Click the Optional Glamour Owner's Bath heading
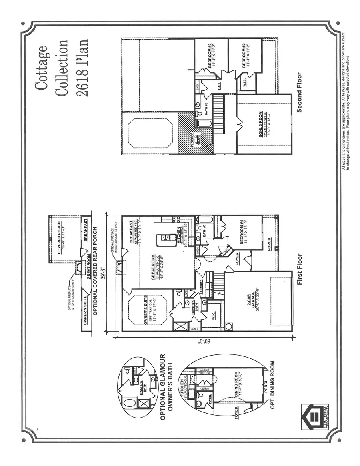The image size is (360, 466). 165,387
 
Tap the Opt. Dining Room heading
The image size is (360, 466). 272,384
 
